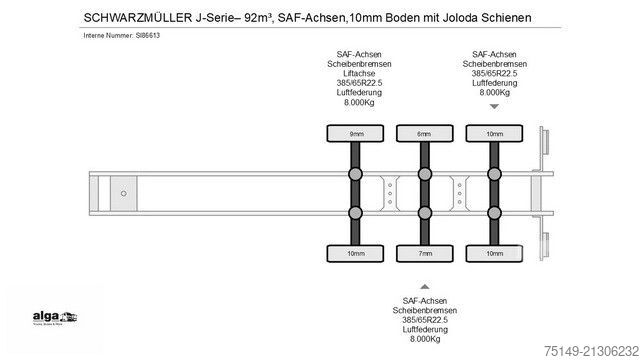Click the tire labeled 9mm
click(356, 133)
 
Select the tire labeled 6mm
click(424, 133)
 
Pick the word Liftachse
click(356, 70)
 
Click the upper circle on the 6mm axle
click(424, 174)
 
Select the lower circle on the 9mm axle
click(356, 213)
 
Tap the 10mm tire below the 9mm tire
click(356, 254)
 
